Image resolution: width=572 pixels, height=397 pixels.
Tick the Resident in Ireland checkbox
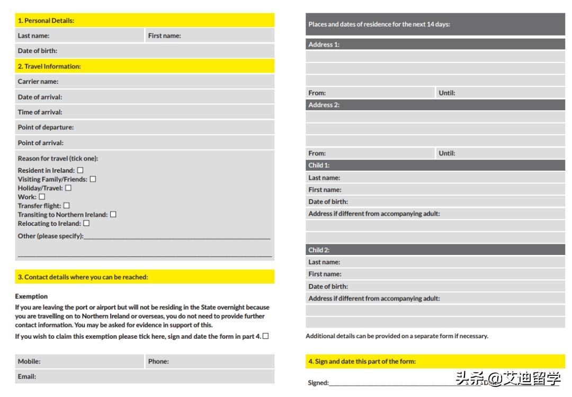80,171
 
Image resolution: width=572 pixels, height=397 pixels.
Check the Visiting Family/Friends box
93,179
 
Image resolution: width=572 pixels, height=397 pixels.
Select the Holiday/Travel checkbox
68,188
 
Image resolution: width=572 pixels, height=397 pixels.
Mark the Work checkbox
42,197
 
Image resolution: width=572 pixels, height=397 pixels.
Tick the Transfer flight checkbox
66,206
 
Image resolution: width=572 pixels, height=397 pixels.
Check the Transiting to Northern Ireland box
113,215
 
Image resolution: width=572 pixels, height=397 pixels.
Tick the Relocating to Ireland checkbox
86,223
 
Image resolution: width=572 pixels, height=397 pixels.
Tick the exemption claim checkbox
265,337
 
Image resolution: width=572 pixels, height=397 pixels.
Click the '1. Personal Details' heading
46,21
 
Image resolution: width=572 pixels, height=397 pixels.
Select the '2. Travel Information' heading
49,66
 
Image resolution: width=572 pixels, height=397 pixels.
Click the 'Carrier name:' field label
38,82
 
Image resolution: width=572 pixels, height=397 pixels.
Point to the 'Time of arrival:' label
40,112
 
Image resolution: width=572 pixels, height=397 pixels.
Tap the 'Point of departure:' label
46,127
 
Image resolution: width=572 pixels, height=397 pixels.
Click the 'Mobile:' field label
29,361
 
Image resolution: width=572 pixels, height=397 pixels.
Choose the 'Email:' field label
27,376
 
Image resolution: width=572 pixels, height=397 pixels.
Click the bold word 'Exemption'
31,296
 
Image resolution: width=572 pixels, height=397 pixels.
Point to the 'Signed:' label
318,383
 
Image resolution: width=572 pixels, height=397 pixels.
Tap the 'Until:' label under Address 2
447,153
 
